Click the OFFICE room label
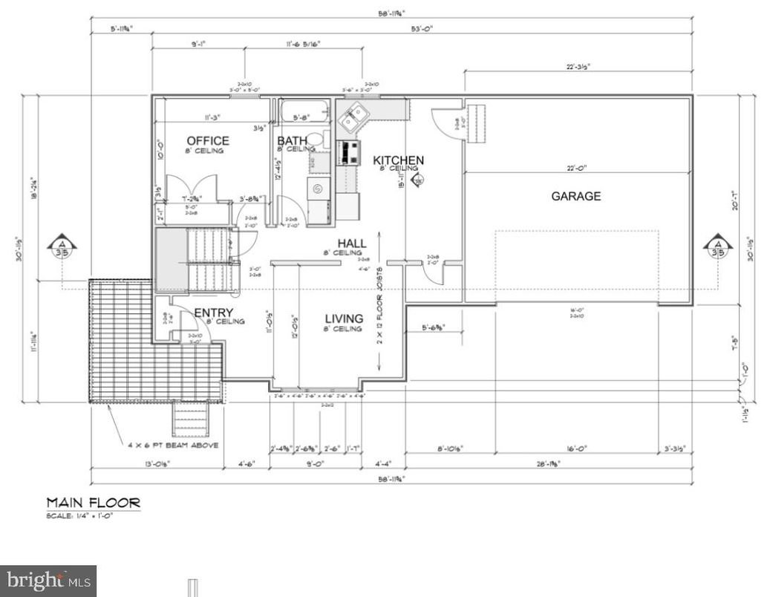pyautogui.click(x=207, y=140)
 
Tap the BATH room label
pyautogui.click(x=292, y=140)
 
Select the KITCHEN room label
pyautogui.click(x=398, y=160)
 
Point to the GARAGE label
pyautogui.click(x=575, y=196)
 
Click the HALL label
pyautogui.click(x=352, y=244)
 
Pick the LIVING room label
pyautogui.click(x=344, y=319)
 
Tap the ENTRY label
pyautogui.click(x=214, y=313)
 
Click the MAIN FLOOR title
pyautogui.click(x=93, y=503)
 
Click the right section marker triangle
pyautogui.click(x=718, y=244)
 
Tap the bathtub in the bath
pyautogui.click(x=303, y=111)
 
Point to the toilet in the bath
pyautogui.click(x=317, y=139)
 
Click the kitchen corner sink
pyautogui.click(x=353, y=115)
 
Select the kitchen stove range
pyautogui.click(x=347, y=152)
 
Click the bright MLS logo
pyautogui.click(x=48, y=580)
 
